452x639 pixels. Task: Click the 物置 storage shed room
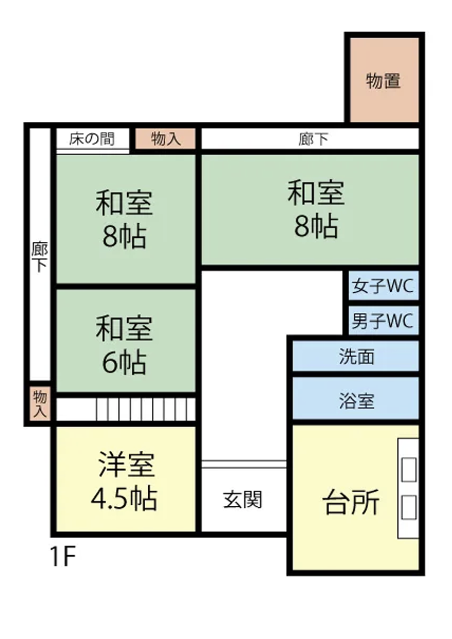384,80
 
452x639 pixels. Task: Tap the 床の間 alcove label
92,139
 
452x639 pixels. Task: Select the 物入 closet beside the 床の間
165,138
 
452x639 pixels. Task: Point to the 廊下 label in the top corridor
313,139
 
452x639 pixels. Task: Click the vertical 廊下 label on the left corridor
40,257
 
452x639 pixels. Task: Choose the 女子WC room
384,285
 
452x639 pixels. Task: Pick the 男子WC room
384,321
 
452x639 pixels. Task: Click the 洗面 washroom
356,356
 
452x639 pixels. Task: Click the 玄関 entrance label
242,499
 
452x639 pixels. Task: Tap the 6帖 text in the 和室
124,362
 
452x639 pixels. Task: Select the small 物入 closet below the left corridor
40,403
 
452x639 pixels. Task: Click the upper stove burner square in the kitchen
409,470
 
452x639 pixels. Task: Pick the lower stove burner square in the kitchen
409,507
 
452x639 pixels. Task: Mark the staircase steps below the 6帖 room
146,409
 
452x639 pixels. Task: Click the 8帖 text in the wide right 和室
316,226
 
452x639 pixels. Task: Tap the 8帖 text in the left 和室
125,237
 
